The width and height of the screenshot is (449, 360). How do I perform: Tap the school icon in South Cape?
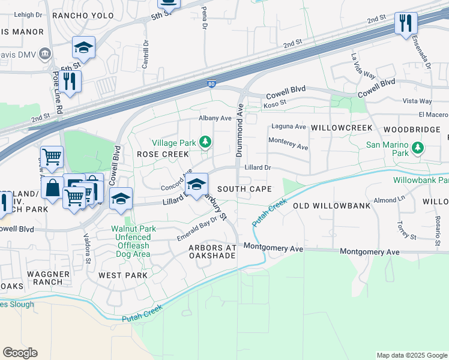point(196,185)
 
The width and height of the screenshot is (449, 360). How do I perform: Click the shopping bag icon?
point(53,188)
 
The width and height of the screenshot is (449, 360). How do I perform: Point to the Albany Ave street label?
point(215,118)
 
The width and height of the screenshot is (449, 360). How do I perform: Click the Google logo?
point(20,353)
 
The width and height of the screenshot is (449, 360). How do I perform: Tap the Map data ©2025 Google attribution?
point(411,355)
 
